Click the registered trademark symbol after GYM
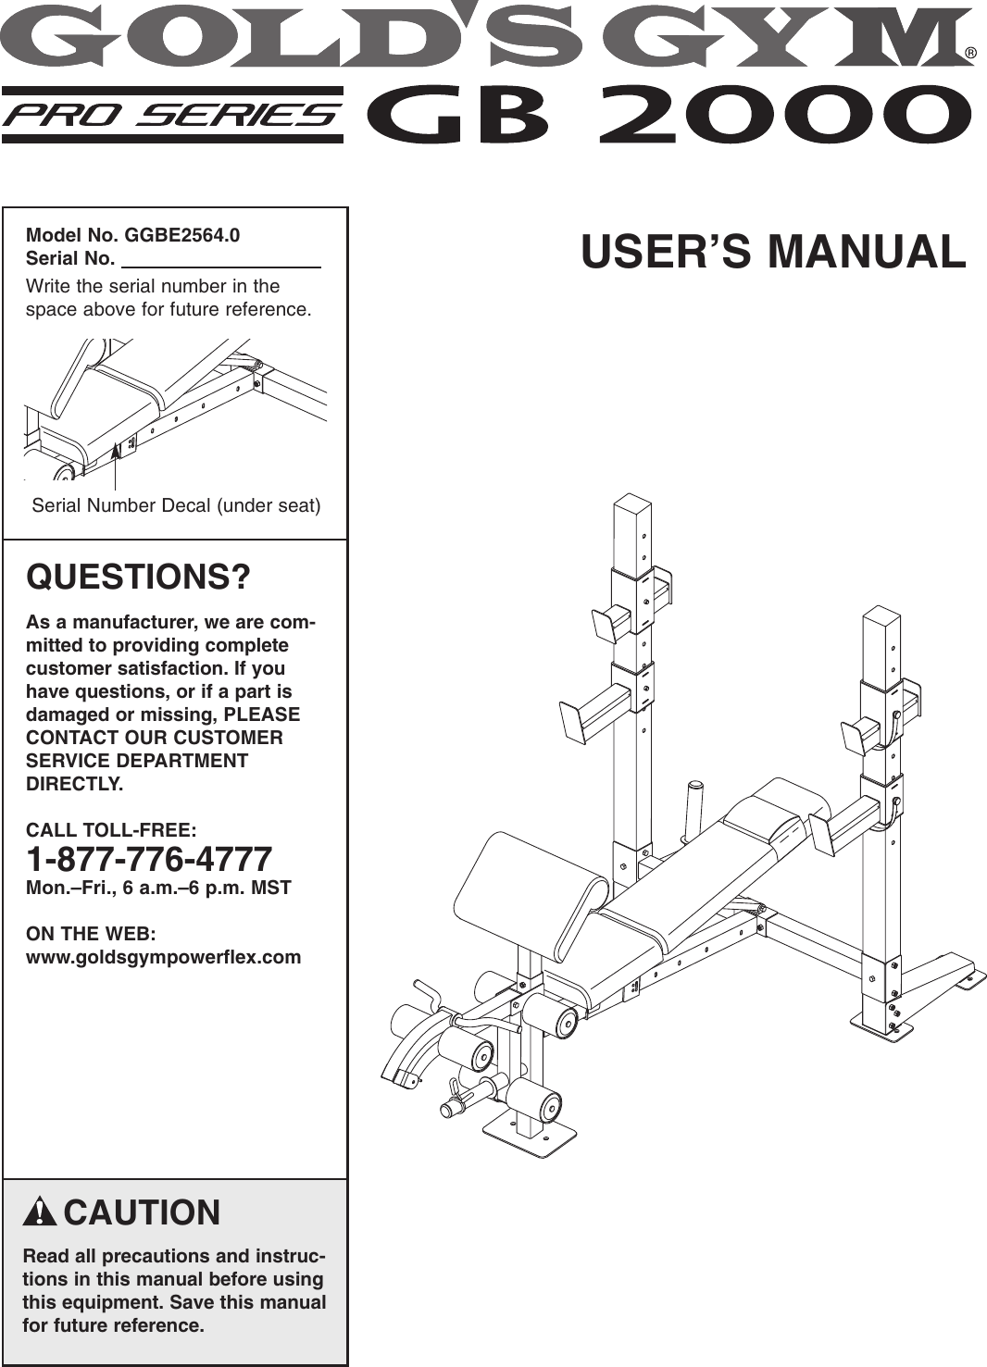(x=970, y=53)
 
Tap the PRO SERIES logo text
(x=172, y=116)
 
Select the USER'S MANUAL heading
(x=773, y=253)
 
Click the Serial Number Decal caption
(x=176, y=505)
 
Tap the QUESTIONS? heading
(x=139, y=578)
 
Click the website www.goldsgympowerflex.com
(x=164, y=957)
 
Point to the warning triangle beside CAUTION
(x=41, y=1212)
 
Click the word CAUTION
(x=142, y=1212)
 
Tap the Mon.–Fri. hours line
(x=158, y=888)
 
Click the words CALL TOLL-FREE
(x=111, y=829)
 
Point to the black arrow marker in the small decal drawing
(x=116, y=453)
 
